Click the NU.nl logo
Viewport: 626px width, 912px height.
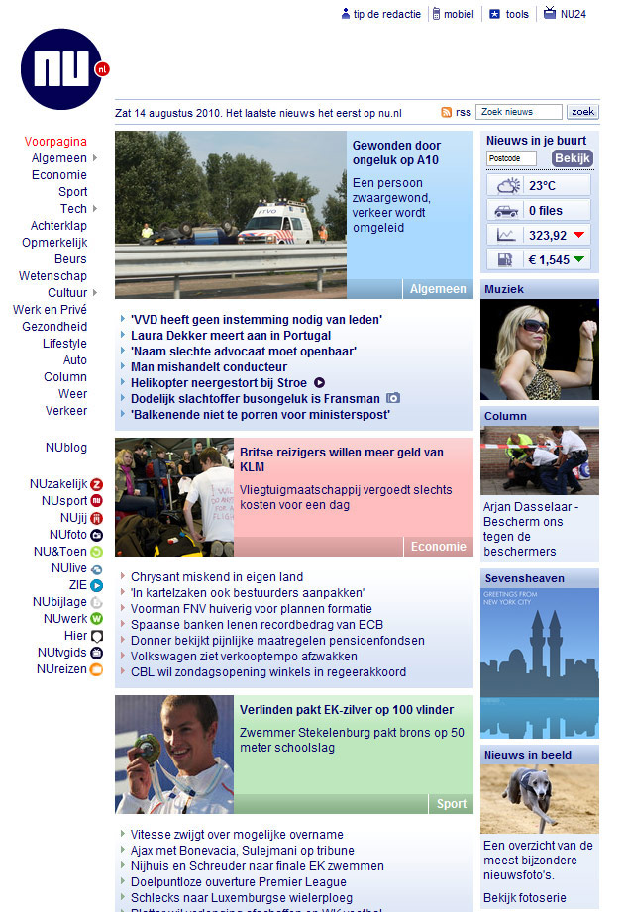[61, 68]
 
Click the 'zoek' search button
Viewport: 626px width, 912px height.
[582, 112]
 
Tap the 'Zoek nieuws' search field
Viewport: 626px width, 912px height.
[518, 112]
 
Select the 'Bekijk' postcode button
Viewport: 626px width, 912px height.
[572, 158]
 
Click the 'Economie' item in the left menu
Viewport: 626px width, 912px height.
[59, 175]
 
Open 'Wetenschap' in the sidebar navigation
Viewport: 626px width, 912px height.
[52, 276]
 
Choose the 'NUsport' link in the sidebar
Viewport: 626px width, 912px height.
[64, 501]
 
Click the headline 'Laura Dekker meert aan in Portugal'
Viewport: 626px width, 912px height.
[230, 336]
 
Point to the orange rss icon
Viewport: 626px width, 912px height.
[447, 113]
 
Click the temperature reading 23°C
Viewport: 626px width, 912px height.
[542, 185]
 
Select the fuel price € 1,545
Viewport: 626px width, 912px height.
[548, 259]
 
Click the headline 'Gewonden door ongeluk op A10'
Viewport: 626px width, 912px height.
[396, 152]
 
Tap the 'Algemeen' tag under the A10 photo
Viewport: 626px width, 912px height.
[437, 289]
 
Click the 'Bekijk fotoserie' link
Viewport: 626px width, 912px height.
[525, 898]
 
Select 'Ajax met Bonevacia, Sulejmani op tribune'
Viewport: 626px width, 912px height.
[242, 851]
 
